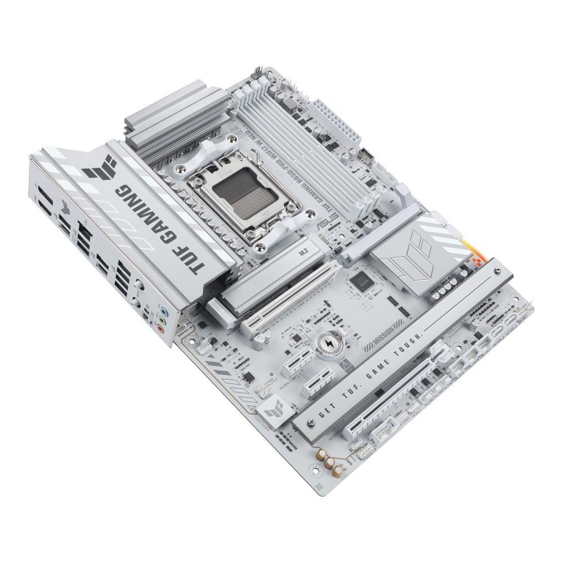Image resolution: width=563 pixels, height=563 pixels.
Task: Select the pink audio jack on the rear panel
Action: [161, 330]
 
